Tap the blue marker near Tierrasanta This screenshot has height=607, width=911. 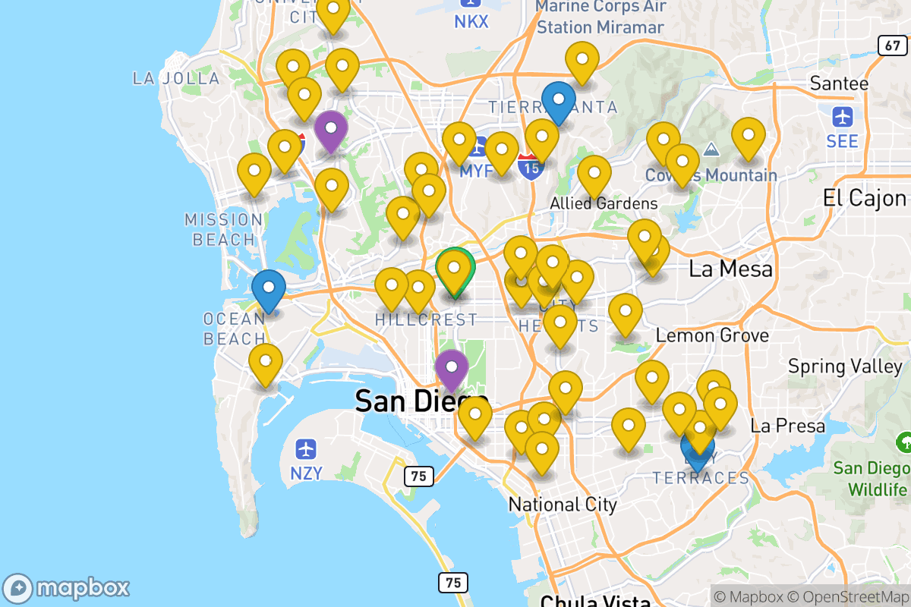click(559, 102)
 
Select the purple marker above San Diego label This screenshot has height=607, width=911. click(452, 370)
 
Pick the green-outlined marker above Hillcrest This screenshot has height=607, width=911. click(455, 270)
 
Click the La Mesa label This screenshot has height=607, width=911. click(730, 269)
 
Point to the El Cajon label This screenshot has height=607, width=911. click(865, 198)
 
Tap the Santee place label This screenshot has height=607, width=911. click(839, 83)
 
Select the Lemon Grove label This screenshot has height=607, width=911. click(712, 335)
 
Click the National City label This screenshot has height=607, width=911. click(563, 505)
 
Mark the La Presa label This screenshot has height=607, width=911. click(787, 426)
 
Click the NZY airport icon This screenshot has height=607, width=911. click(307, 448)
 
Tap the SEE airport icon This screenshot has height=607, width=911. click(843, 118)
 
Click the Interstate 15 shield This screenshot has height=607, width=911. click(531, 166)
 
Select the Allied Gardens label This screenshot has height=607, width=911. click(604, 203)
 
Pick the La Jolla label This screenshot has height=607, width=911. click(176, 78)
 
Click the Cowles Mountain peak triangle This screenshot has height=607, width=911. click(711, 149)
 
